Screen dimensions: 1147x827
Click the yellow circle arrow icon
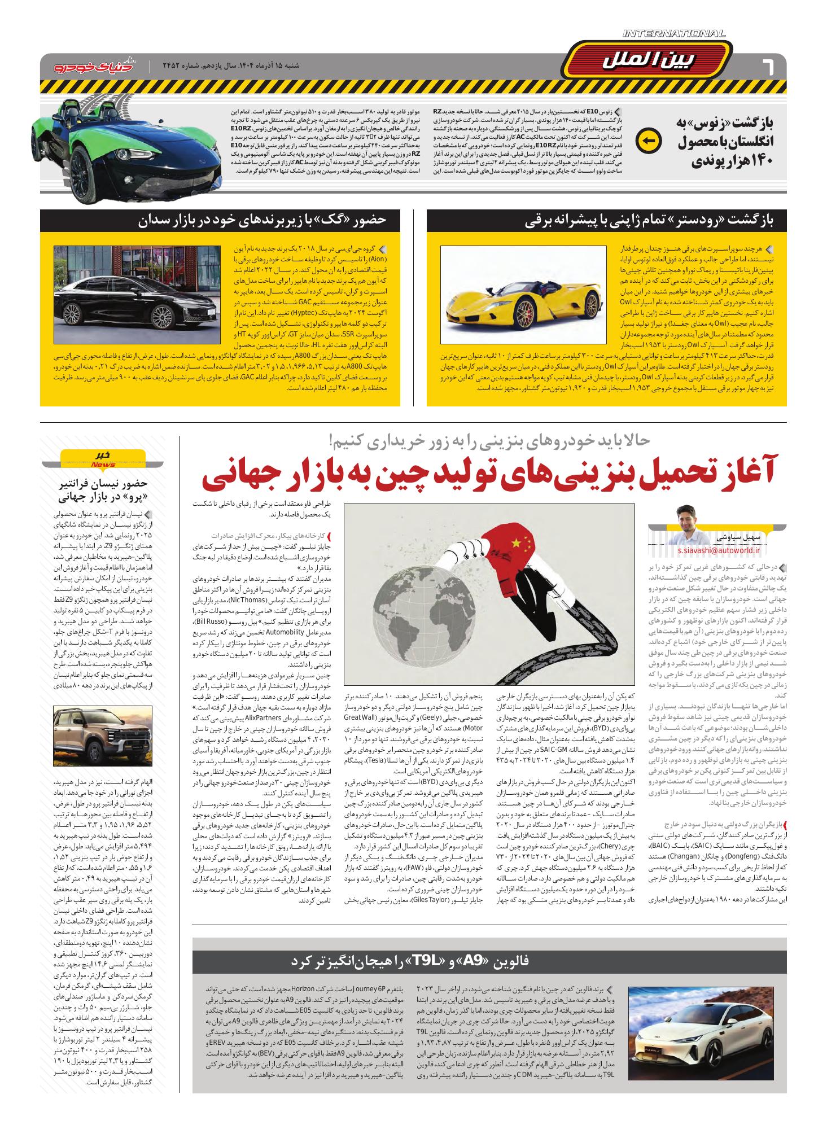[648, 142]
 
